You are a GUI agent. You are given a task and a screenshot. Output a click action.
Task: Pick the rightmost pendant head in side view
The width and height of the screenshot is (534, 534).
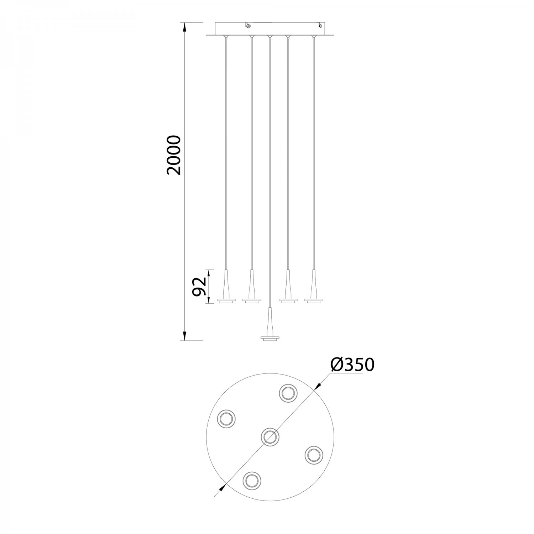pyautogui.click(x=314, y=287)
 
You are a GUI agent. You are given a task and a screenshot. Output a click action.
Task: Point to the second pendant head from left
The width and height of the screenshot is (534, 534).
pyautogui.click(x=252, y=287)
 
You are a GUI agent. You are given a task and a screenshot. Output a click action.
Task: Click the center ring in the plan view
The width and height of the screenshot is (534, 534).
pyautogui.click(x=270, y=436)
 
